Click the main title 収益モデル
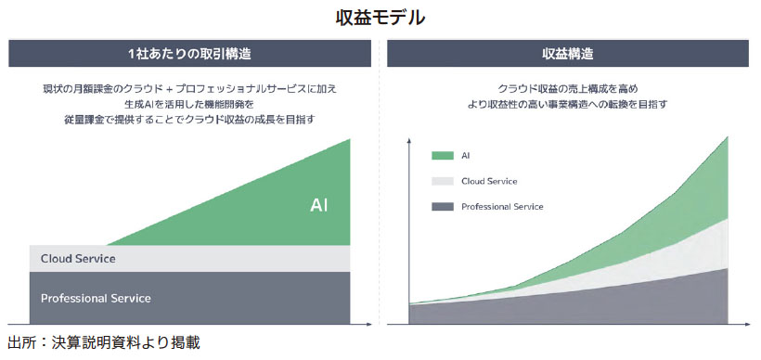coord(380,18)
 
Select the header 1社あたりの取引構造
coord(189,54)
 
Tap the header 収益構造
coord(567,54)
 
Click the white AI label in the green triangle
coord(319,205)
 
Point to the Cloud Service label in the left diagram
coord(78,259)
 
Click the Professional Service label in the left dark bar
coord(96,298)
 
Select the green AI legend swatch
coord(442,156)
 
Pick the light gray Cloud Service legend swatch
coord(442,182)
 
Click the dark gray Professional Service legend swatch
coord(442,207)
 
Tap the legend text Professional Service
coord(502,207)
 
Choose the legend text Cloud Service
coord(489,182)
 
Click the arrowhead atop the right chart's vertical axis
coord(409,141)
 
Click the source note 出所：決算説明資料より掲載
coord(104,343)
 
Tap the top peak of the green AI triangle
coord(350,139)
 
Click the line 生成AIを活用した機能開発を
coord(189,104)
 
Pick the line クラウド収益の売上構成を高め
coord(567,89)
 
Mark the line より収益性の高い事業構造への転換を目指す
coord(567,104)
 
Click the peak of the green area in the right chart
coord(728,137)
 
